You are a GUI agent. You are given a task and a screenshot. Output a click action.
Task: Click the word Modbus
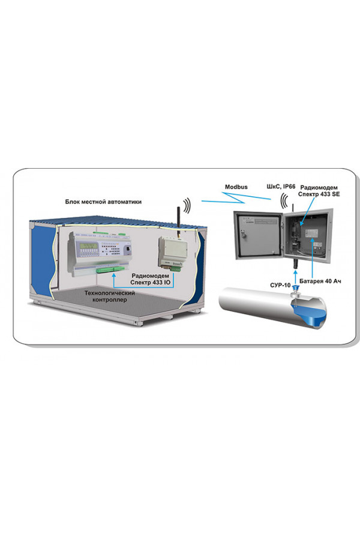pos(236,187)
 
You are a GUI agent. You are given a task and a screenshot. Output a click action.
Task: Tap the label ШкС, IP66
pos(281,187)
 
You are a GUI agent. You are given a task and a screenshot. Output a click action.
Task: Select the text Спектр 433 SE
pos(319,194)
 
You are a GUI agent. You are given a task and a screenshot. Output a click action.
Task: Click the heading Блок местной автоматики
pos(103,202)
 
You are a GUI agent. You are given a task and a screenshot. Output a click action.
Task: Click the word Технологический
pos(110,293)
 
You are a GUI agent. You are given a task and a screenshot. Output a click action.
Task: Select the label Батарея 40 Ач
pos(320,281)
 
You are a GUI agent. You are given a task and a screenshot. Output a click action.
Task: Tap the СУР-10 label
pos(280,285)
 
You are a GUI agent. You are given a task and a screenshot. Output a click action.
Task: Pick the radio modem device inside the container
pos(172,253)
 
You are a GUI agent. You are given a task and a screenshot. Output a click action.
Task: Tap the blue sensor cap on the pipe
pos(296,290)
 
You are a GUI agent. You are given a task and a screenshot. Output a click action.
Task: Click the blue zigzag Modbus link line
pos(236,197)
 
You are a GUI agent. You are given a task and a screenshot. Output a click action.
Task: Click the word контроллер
pos(110,300)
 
